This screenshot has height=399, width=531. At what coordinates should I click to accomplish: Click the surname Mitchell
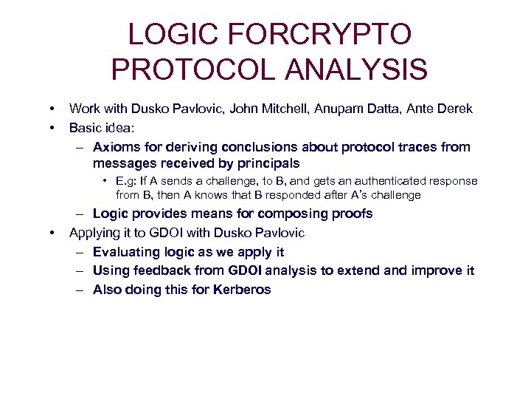pos(285,109)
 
